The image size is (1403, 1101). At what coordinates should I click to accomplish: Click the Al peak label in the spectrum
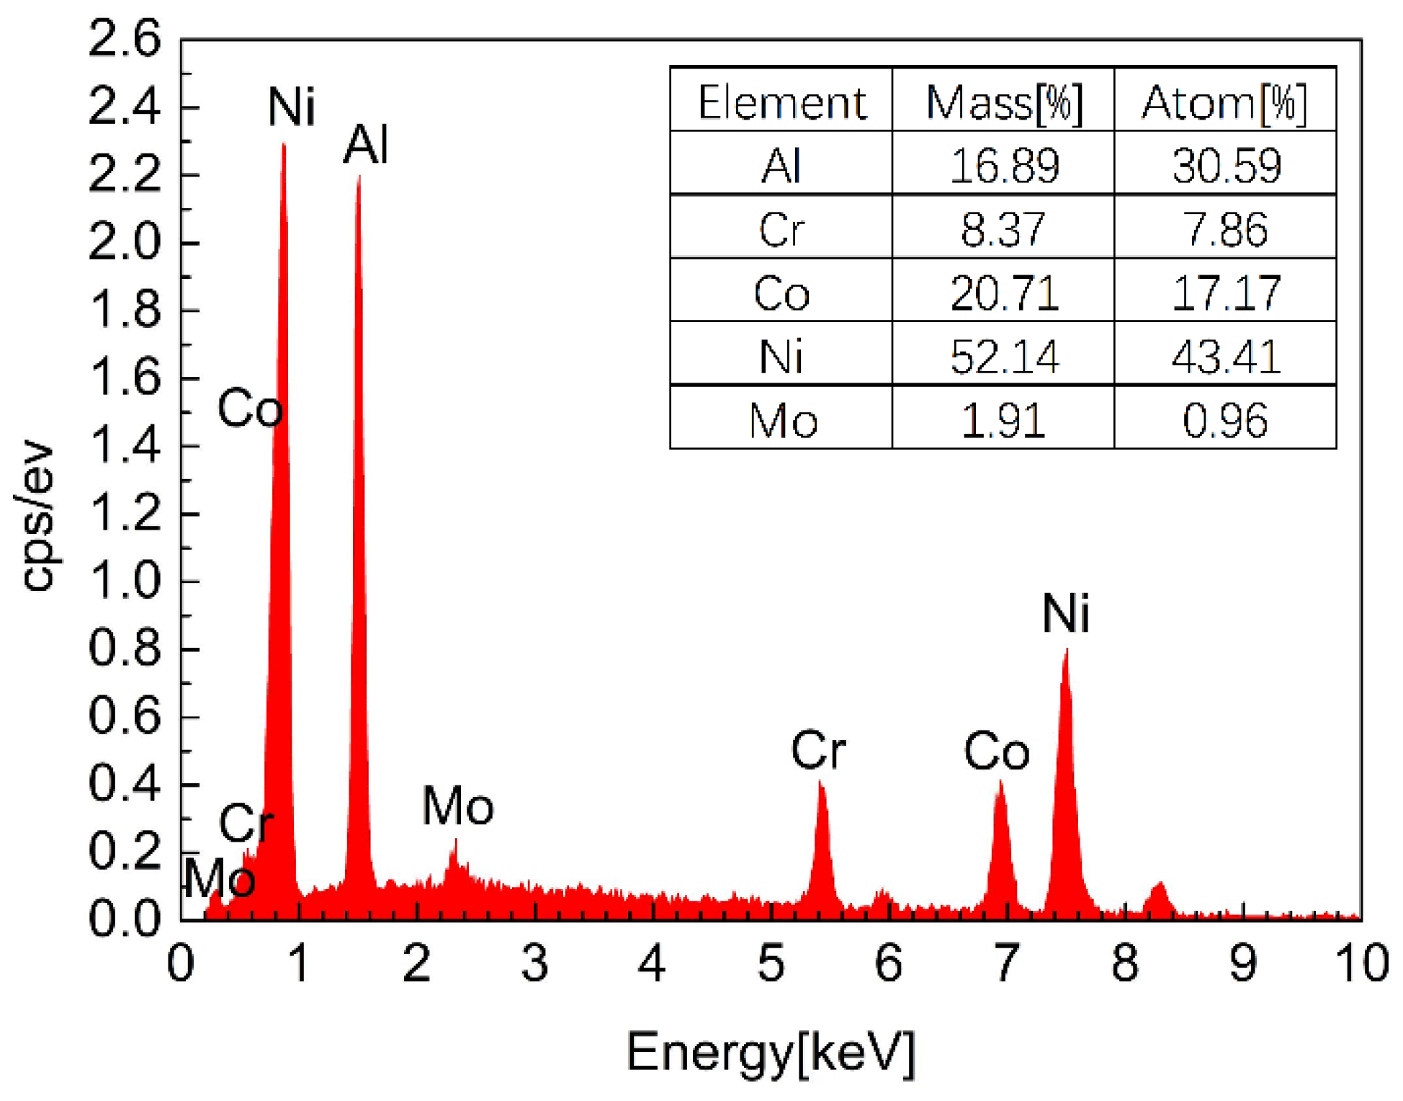[x=365, y=144]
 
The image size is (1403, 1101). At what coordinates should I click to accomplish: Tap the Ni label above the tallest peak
[x=291, y=107]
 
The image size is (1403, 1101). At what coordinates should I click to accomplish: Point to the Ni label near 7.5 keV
[x=1066, y=614]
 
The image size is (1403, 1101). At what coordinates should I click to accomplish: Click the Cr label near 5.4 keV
[x=818, y=750]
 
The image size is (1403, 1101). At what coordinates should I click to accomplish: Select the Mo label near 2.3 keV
[x=458, y=806]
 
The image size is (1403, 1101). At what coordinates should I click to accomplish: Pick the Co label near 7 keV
[x=997, y=752]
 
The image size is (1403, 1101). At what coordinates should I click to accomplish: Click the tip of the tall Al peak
[x=359, y=177]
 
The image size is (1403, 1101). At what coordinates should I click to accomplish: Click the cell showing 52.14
[x=1003, y=357]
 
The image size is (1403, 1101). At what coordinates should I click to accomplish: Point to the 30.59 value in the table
[x=1226, y=166]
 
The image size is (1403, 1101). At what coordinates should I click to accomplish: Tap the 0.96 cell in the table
[x=1224, y=421]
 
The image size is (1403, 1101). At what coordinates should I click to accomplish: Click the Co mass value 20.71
[x=1003, y=293]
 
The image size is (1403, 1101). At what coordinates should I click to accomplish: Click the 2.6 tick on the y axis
[x=124, y=40]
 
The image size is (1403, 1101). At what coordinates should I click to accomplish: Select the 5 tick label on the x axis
[x=771, y=964]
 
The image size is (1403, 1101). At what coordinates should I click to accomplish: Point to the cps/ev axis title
[x=37, y=515]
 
